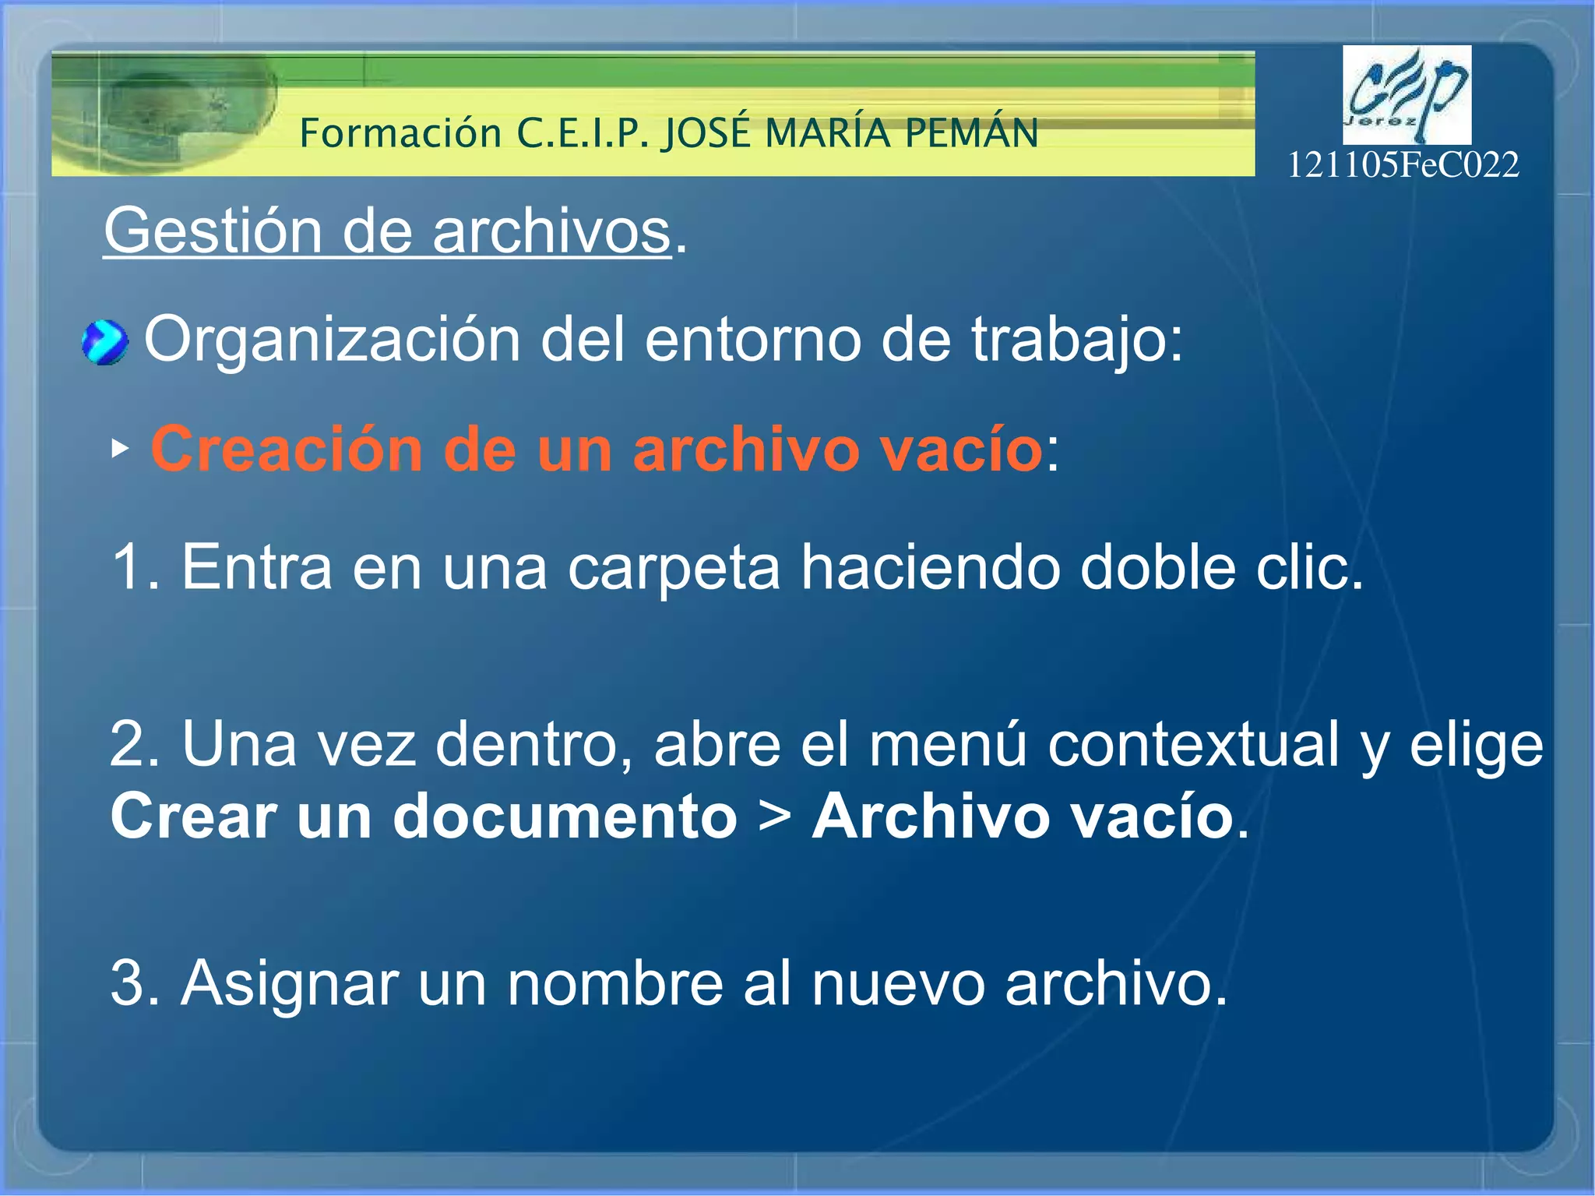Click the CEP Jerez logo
tap(1406, 94)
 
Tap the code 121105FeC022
tap(1402, 165)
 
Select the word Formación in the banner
tap(400, 133)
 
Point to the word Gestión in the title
tap(213, 231)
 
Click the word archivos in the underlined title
tap(551, 231)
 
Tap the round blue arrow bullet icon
tap(104, 343)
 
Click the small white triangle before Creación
tap(119, 449)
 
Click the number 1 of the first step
tap(126, 567)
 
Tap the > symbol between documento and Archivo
tap(774, 817)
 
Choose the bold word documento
tap(565, 817)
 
